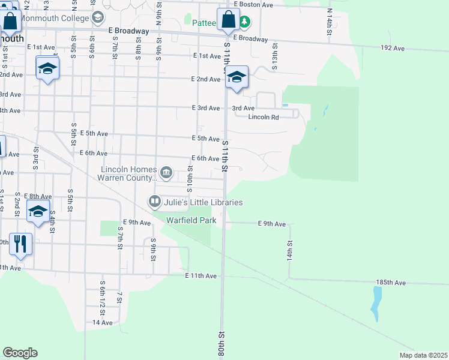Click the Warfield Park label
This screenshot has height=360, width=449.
(x=191, y=220)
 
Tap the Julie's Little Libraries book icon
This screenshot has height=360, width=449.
(x=155, y=201)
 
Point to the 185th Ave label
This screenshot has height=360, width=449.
(x=391, y=282)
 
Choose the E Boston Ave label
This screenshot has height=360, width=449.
(x=254, y=4)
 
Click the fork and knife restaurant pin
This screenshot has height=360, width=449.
(x=20, y=244)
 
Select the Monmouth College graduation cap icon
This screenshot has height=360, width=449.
(x=97, y=17)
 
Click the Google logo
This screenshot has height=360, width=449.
(x=20, y=353)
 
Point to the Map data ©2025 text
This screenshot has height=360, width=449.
(x=423, y=355)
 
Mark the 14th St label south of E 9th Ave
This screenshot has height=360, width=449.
(x=289, y=250)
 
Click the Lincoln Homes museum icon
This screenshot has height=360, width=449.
(x=167, y=173)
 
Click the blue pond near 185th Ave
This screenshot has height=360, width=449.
(x=376, y=303)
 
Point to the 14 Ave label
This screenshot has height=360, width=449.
(x=103, y=322)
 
